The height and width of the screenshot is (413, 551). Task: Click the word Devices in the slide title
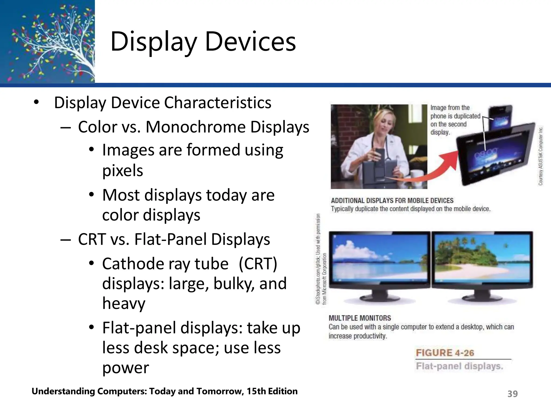click(250, 42)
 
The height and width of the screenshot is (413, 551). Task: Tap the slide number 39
click(512, 394)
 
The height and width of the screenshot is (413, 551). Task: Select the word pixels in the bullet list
click(122, 170)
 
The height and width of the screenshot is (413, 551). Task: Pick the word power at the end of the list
click(125, 368)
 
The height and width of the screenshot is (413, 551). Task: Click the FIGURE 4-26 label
click(445, 353)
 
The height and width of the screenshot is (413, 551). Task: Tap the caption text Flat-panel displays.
click(459, 366)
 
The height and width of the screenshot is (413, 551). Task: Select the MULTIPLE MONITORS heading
click(360, 318)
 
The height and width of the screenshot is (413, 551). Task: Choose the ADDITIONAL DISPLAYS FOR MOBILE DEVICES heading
click(392, 201)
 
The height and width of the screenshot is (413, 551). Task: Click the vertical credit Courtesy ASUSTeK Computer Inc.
click(541, 156)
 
